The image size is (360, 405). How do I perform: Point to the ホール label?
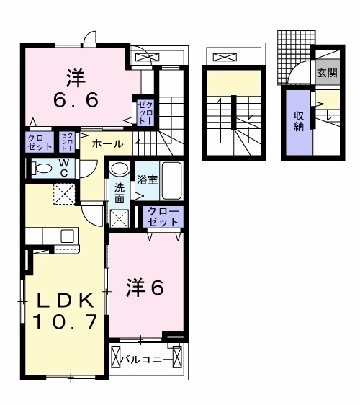click(x=107, y=144)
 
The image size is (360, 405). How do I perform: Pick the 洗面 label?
click(x=120, y=193)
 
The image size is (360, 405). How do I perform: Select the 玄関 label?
click(x=325, y=71)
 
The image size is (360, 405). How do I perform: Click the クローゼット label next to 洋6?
click(x=163, y=216)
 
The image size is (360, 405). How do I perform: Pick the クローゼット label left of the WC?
click(x=38, y=141)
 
